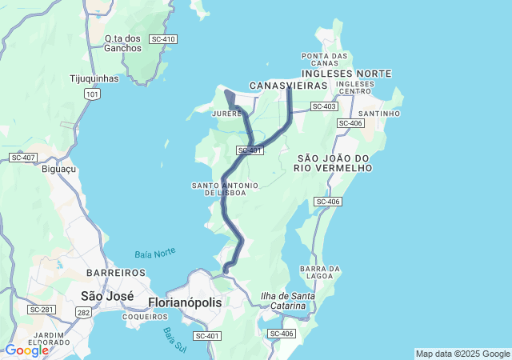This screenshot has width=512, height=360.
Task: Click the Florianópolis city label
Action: click(x=185, y=302)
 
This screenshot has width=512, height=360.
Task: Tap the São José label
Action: click(x=107, y=296)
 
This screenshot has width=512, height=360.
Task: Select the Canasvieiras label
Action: click(x=289, y=85)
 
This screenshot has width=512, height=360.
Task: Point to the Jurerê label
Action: click(x=226, y=114)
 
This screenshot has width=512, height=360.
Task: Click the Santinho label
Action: click(x=379, y=114)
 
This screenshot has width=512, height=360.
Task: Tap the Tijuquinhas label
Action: click(x=94, y=79)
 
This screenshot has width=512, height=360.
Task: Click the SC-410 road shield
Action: click(x=163, y=39)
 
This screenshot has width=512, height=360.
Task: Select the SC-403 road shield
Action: click(x=324, y=106)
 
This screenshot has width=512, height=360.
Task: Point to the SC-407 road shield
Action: click(x=23, y=158)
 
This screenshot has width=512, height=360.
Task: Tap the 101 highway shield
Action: click(x=93, y=94)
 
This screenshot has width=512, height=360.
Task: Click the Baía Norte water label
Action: click(x=154, y=254)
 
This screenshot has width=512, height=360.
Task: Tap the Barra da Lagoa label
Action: click(x=320, y=272)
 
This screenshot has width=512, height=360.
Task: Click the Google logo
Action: click(x=26, y=350)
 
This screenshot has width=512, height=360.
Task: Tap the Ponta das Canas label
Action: click(x=325, y=59)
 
